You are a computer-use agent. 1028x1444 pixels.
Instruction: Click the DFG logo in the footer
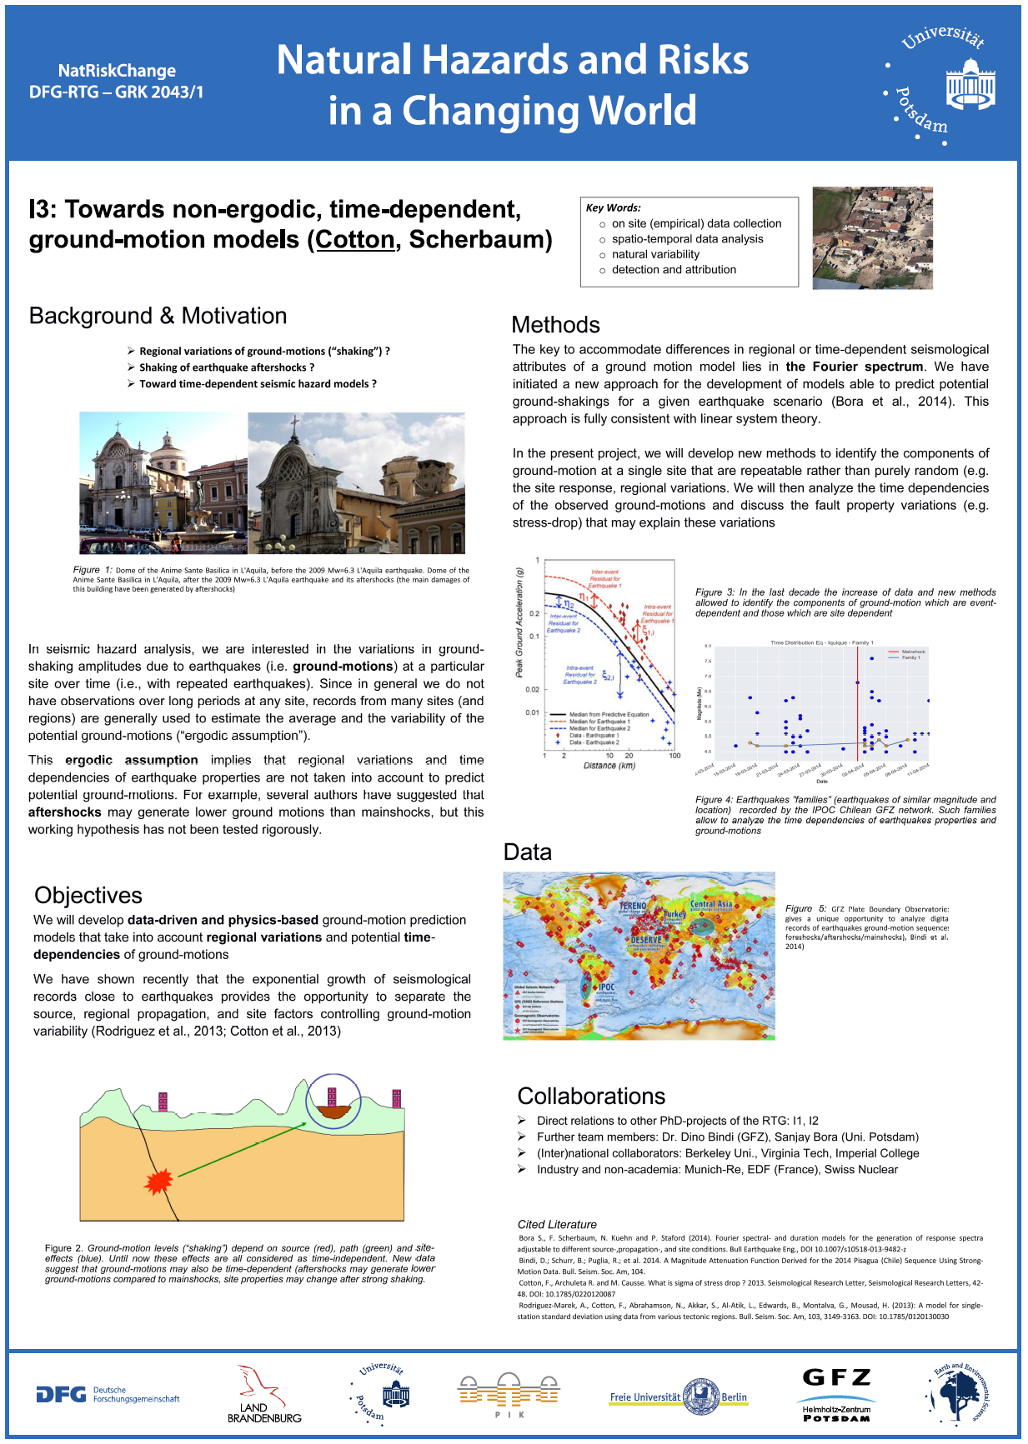tap(107, 1394)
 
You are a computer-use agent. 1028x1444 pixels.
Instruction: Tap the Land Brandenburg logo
tap(263, 1394)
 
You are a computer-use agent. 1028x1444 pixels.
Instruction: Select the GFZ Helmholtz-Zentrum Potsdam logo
tap(836, 1395)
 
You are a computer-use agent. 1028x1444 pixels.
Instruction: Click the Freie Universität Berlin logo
tap(678, 1397)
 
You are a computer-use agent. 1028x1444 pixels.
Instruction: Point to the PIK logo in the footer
tap(509, 1395)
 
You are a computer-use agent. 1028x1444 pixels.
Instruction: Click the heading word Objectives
tap(88, 895)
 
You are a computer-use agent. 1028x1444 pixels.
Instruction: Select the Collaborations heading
tap(591, 1096)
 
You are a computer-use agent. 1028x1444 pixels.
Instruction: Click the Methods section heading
tap(555, 325)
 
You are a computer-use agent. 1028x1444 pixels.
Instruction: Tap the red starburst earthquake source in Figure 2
tap(158, 1181)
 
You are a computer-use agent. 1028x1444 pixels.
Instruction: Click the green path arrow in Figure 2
tap(242, 1150)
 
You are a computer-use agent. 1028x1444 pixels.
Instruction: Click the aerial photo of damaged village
tap(872, 238)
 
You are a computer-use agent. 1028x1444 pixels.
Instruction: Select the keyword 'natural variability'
tap(655, 254)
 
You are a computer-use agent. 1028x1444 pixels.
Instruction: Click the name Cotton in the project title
tap(354, 240)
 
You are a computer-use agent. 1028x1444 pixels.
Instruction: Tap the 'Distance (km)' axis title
tap(609, 765)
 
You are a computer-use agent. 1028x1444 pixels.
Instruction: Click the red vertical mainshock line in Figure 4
tap(857, 708)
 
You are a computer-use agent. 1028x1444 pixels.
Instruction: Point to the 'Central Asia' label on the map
tap(711, 903)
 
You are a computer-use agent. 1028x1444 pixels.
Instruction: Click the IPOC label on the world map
tap(606, 987)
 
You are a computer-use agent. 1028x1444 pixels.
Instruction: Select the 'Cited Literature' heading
tap(557, 1224)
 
